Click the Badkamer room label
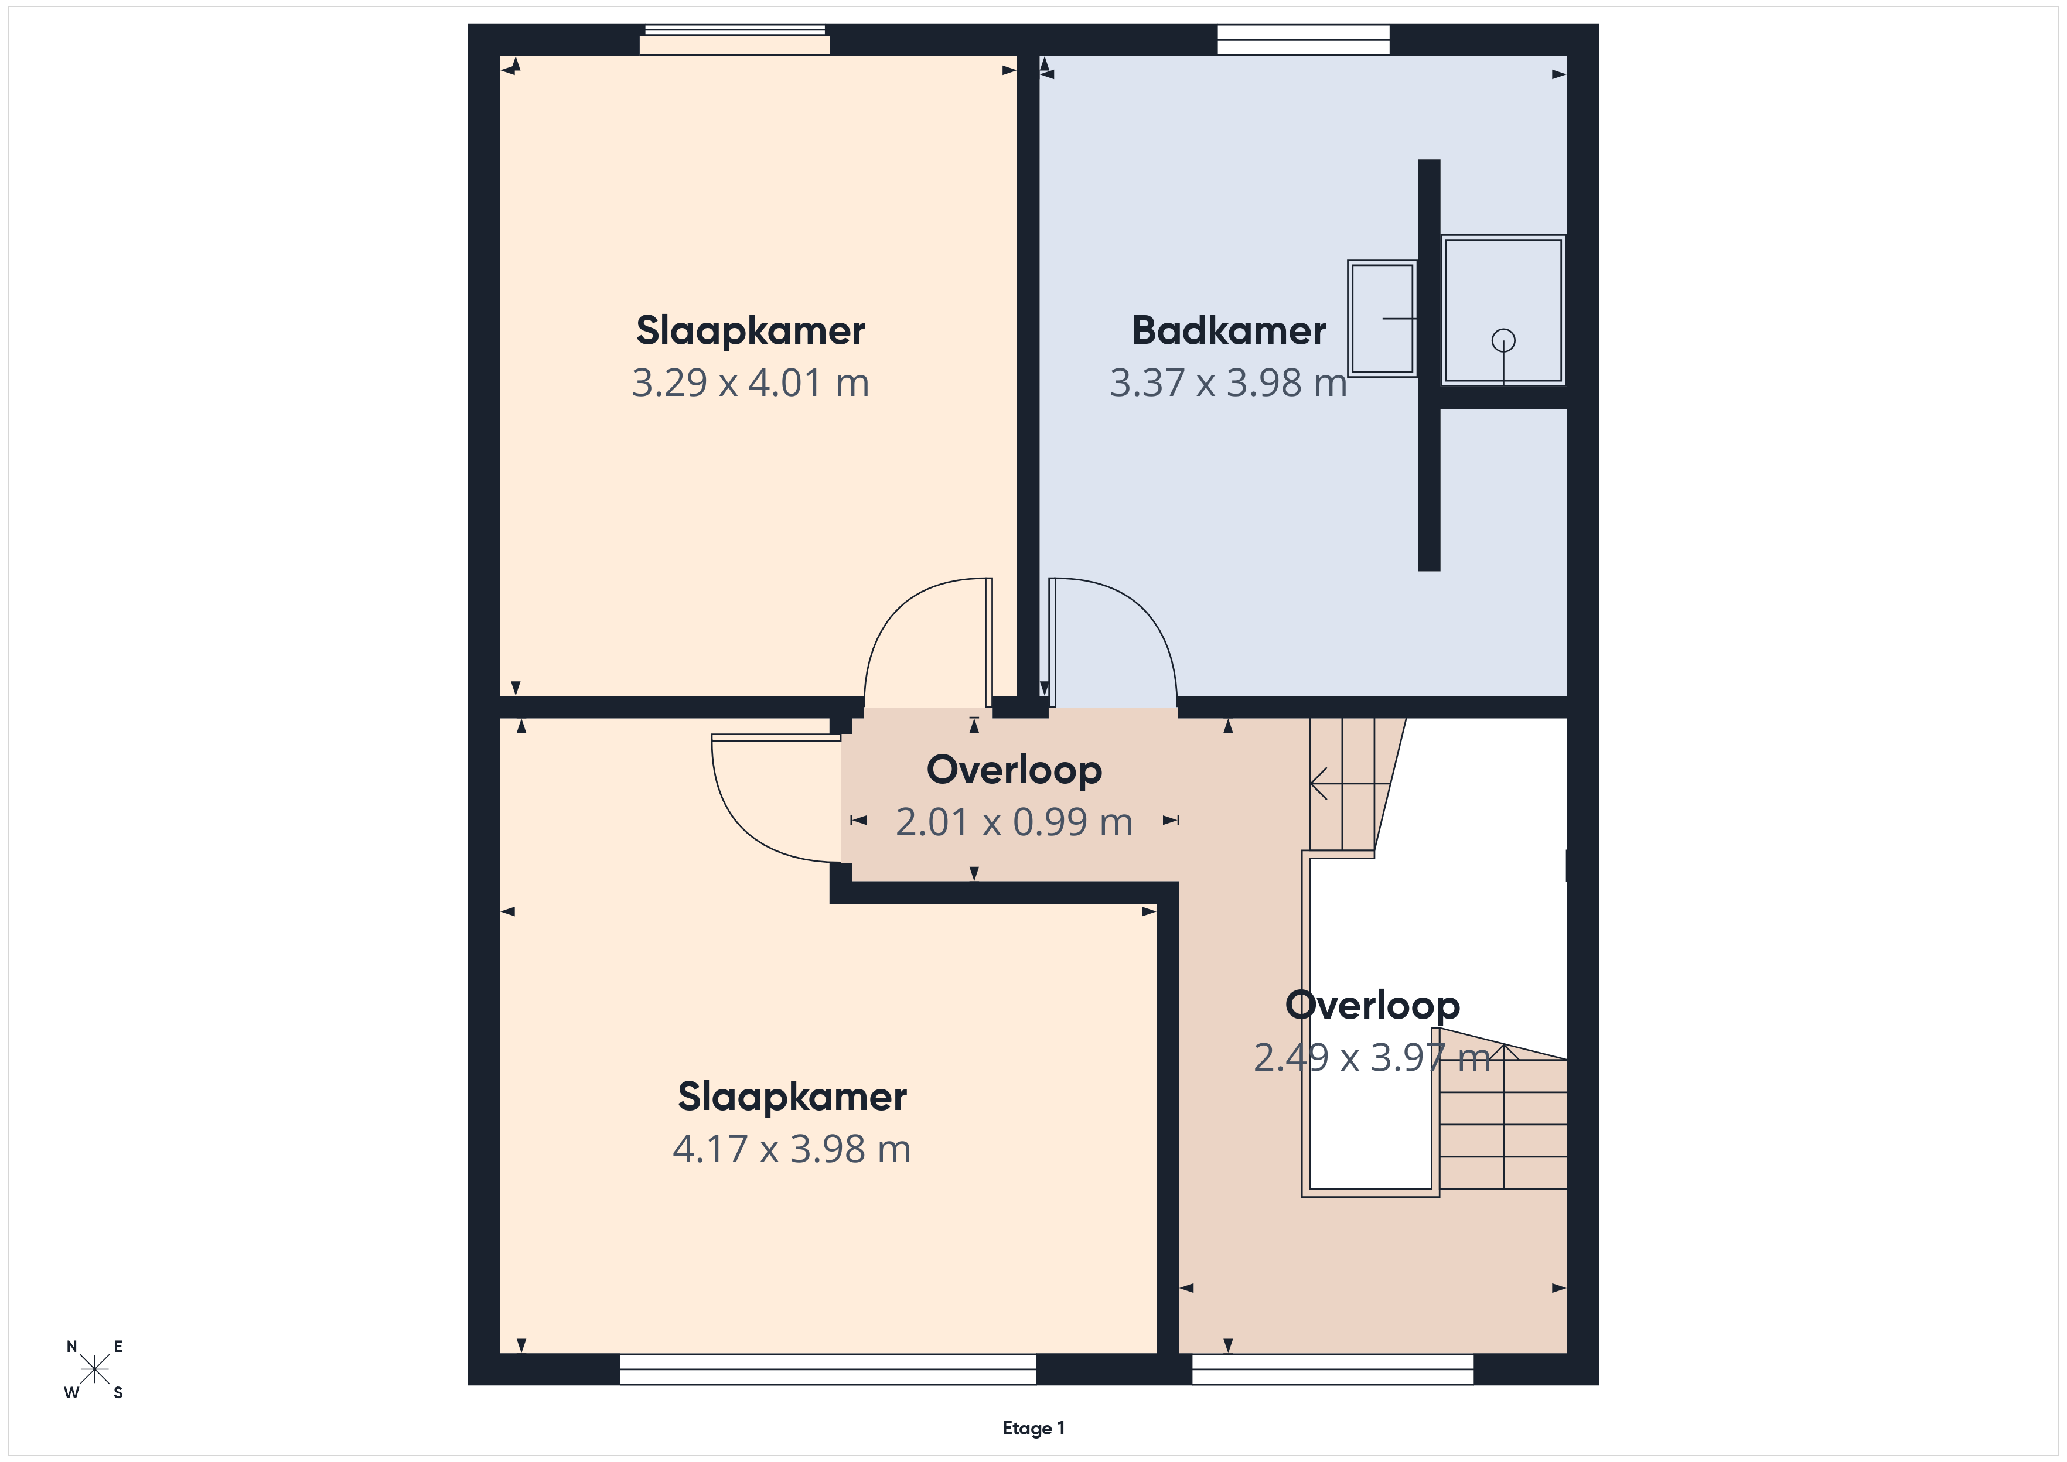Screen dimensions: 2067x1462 tap(1228, 330)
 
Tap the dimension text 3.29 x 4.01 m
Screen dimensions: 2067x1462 tap(750, 382)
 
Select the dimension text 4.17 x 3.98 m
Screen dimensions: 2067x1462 tap(792, 1149)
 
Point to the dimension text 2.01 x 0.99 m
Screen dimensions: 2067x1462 tap(1014, 822)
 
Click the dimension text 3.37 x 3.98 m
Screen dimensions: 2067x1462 tap(1228, 382)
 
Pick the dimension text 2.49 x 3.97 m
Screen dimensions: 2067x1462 tap(1372, 1058)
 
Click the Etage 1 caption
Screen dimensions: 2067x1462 tap(1033, 1428)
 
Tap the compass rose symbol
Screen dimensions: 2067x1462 tap(94, 1369)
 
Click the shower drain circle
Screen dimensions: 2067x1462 tap(1503, 340)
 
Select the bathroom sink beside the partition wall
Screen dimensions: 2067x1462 tap(1382, 319)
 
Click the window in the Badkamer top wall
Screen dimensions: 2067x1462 tap(1304, 40)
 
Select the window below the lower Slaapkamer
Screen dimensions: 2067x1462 tap(828, 1369)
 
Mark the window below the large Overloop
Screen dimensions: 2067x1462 tap(1332, 1369)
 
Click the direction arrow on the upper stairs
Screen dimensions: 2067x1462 tap(1349, 783)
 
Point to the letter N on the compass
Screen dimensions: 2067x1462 tap(72, 1347)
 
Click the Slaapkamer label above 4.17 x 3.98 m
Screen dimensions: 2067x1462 tap(792, 1096)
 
